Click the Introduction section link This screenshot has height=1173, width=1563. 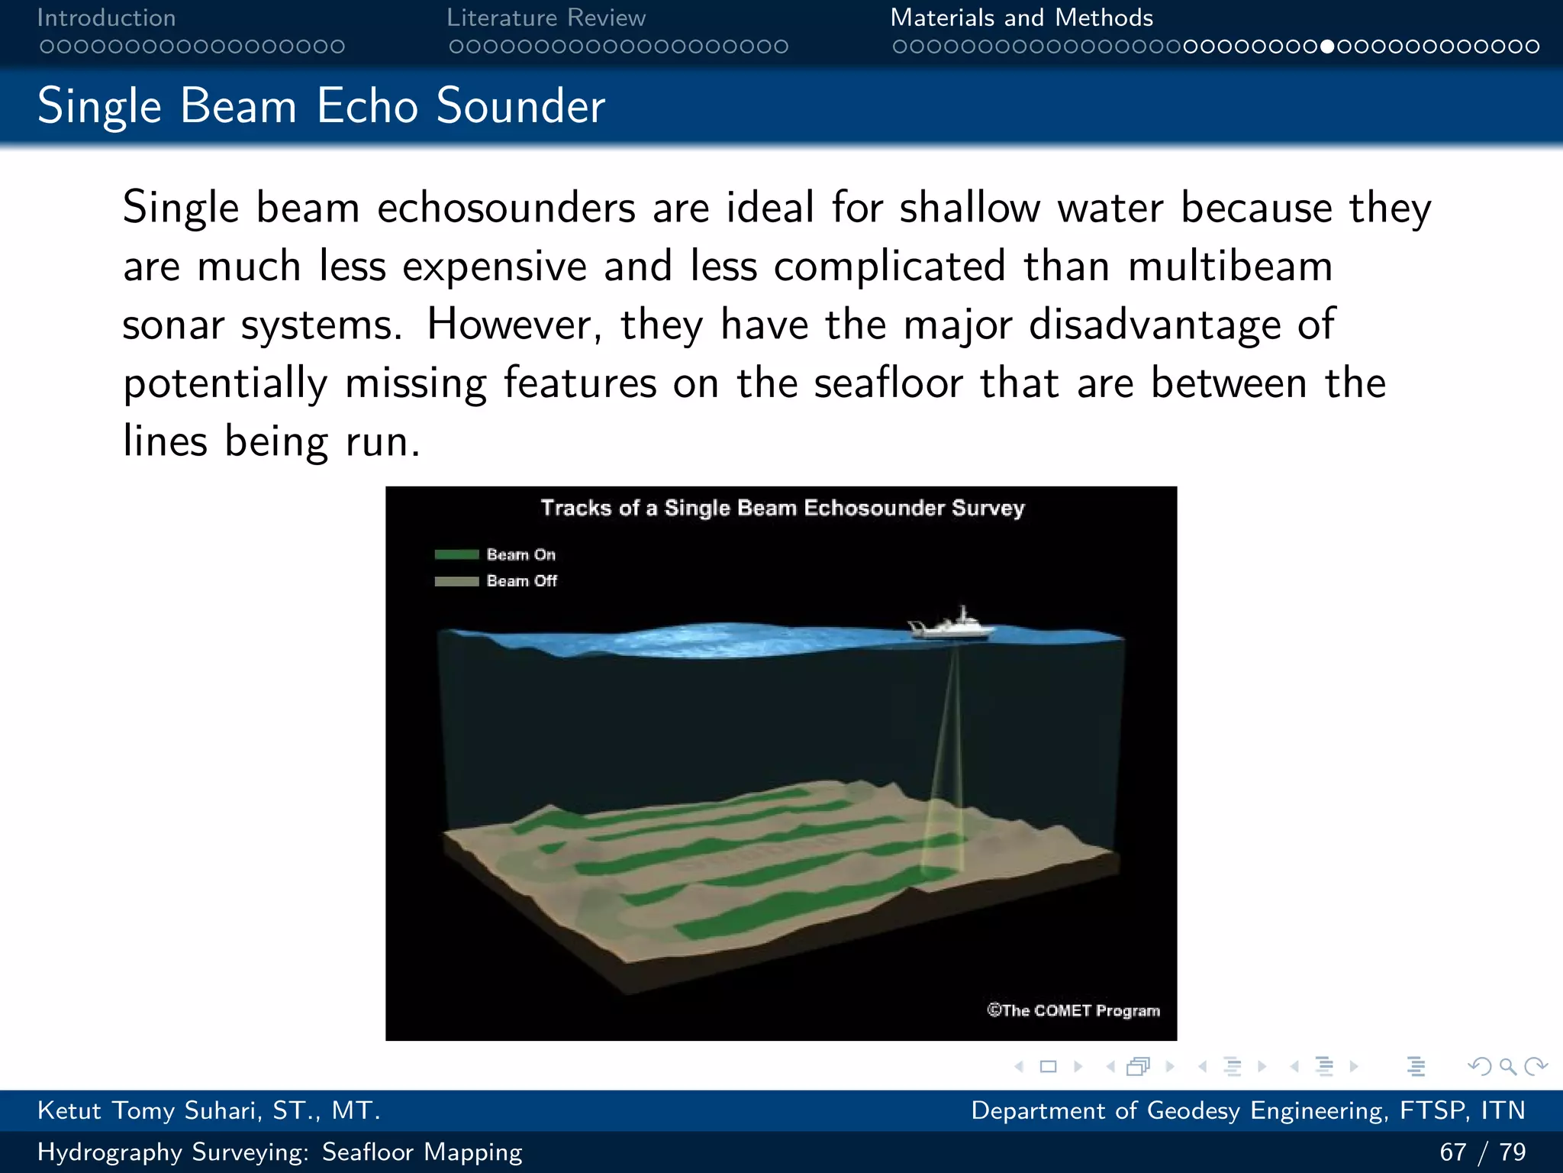pos(106,18)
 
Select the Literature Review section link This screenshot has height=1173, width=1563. pos(546,18)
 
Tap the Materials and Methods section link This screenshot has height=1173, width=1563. pos(1021,18)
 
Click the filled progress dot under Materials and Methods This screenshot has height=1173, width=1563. pos(1328,47)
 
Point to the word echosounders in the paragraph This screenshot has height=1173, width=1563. pos(506,208)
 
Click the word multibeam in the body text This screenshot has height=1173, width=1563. pos(1230,267)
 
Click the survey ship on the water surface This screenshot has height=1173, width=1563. pos(952,625)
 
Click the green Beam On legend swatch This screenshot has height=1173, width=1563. pos(456,554)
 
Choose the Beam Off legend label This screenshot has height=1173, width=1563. pos(522,581)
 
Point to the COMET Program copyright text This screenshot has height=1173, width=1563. pos(1073,1010)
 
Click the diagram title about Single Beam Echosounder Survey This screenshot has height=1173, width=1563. pos(782,508)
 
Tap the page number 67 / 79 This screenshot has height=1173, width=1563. pos(1482,1152)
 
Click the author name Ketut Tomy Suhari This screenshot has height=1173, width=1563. pos(208,1110)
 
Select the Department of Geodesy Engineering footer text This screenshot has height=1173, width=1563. pos(1248,1110)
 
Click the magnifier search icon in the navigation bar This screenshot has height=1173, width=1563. pos(1507,1066)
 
